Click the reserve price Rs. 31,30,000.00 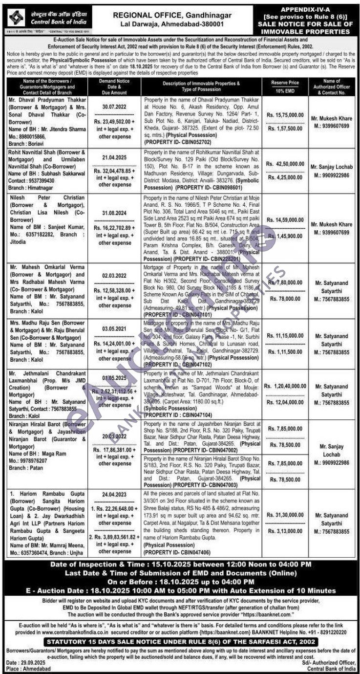coord(287,515)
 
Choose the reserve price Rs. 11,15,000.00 coord(287,337)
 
